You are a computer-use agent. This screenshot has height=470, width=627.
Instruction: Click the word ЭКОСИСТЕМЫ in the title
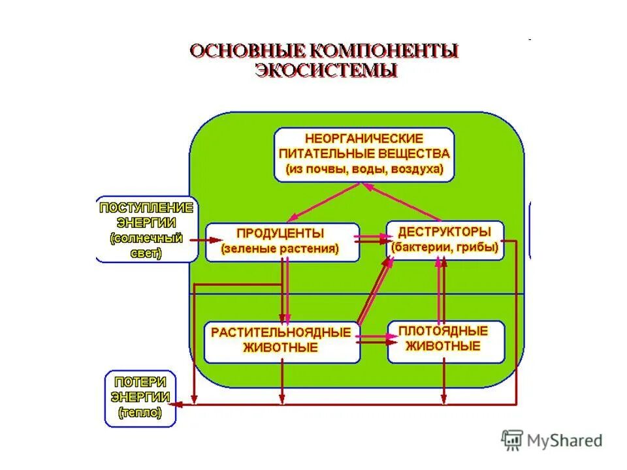coord(325,70)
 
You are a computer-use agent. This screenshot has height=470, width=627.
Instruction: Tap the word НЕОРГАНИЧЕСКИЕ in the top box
coord(364,138)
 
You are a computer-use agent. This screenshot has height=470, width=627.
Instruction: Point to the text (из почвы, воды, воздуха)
coord(364,170)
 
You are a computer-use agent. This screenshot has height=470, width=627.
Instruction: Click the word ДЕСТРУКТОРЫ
coord(444,232)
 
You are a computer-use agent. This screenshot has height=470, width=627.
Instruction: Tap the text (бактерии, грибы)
coord(445,247)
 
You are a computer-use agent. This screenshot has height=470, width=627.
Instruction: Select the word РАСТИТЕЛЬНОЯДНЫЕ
coord(281,332)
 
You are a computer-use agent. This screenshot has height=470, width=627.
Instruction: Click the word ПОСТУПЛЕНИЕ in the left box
coord(146,208)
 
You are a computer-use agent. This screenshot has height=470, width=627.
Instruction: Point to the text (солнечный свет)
coord(146,246)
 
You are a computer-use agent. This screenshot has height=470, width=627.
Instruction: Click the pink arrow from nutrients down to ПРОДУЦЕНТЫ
coord(323,201)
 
